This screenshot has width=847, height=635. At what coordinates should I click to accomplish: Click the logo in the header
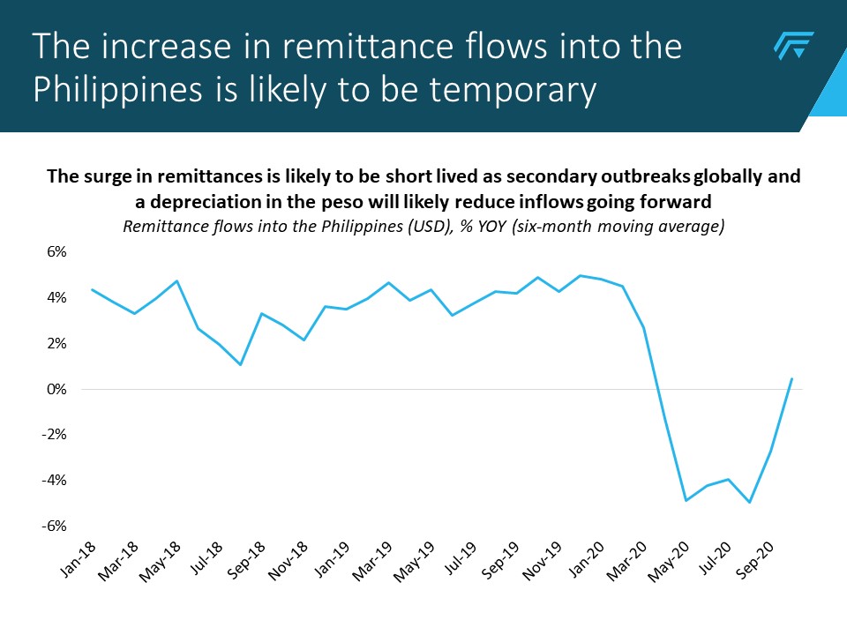tap(793, 46)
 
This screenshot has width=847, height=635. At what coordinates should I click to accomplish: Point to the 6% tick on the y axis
tap(56, 252)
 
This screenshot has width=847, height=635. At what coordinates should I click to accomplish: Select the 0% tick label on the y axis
tap(56, 389)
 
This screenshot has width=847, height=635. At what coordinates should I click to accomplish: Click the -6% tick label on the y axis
tap(54, 526)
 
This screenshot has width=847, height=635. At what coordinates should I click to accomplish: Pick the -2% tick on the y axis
tap(54, 435)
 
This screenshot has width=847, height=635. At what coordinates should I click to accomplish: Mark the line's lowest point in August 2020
tap(750, 502)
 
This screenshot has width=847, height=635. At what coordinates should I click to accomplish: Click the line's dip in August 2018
tap(240, 364)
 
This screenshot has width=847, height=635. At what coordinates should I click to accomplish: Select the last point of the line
tap(792, 378)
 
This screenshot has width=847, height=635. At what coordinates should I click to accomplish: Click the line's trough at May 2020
tap(686, 501)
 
